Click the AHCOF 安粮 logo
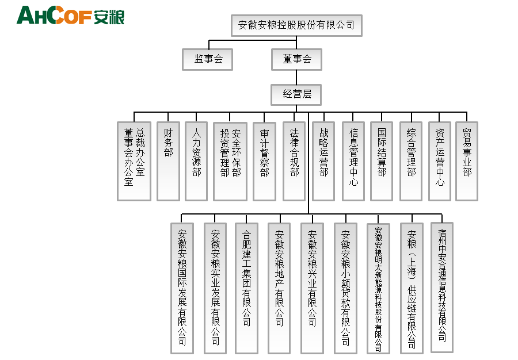pyautogui.click(x=70, y=16)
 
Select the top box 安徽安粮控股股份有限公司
pyautogui.click(x=296, y=25)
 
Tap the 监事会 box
pyautogui.click(x=208, y=59)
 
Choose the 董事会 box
pyautogui.click(x=296, y=59)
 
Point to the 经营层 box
pyautogui.click(x=296, y=94)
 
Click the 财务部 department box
pyautogui.click(x=168, y=161)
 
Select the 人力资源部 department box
pyautogui.click(x=196, y=161)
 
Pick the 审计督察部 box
pyautogui.click(x=264, y=161)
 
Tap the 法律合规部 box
pyautogui.click(x=294, y=161)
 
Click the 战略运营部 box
pyautogui.click(x=323, y=161)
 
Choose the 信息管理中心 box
pyautogui.click(x=353, y=161)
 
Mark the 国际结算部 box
pyautogui.click(x=382, y=161)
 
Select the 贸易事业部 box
pyautogui.click(x=467, y=161)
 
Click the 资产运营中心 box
pyautogui.click(x=440, y=161)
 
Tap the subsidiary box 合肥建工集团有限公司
pyautogui.click(x=247, y=288)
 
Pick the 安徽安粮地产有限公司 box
pyautogui.click(x=279, y=288)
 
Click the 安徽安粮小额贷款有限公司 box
pyautogui.click(x=345, y=288)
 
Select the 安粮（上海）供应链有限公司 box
pyautogui.click(x=412, y=288)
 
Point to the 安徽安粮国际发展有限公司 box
pyautogui.click(x=182, y=288)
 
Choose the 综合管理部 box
pyautogui.click(x=411, y=161)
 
